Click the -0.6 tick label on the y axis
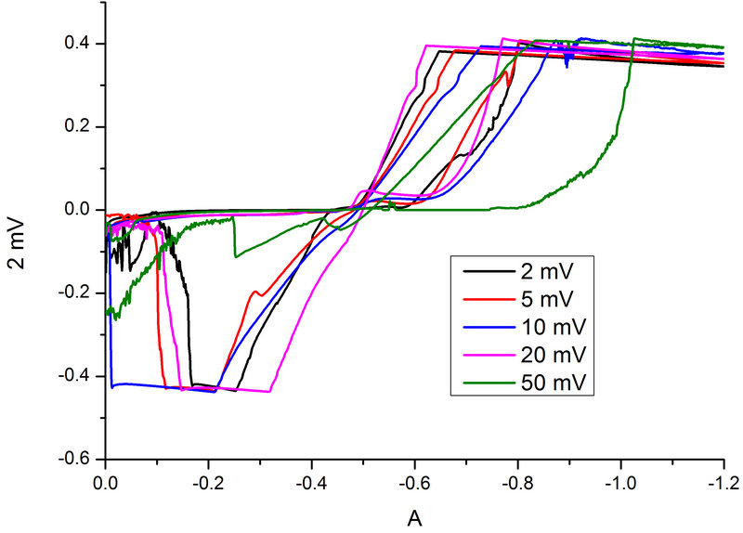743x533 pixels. click(x=74, y=459)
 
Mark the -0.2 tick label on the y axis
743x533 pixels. click(x=74, y=293)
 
